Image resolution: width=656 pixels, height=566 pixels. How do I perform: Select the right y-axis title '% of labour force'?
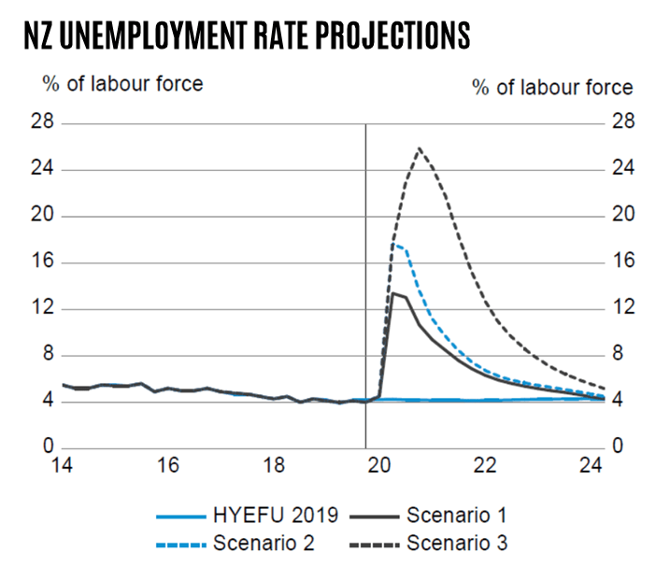(x=552, y=88)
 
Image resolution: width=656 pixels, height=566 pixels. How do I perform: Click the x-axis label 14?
(x=63, y=465)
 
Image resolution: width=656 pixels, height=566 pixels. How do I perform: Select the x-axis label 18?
(x=273, y=465)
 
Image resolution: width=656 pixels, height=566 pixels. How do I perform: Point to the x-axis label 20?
(x=378, y=465)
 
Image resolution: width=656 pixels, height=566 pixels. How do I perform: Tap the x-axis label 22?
(x=483, y=465)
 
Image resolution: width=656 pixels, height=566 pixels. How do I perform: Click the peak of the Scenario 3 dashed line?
(x=419, y=148)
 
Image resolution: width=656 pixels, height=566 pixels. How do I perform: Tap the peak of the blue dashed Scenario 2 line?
(x=393, y=245)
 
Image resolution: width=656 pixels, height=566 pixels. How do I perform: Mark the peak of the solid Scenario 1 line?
(x=393, y=293)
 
